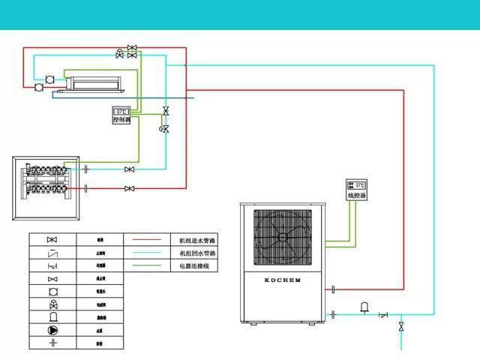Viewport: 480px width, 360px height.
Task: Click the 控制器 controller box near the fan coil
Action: [x=121, y=115]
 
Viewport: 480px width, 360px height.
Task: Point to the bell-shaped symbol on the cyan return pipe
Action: [x=364, y=307]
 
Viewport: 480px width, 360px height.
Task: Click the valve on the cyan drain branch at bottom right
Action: [x=401, y=326]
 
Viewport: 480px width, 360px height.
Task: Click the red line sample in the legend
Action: [x=148, y=241]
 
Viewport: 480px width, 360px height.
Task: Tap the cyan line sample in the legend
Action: [x=148, y=253]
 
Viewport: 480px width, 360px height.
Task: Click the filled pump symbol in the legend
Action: [x=52, y=330]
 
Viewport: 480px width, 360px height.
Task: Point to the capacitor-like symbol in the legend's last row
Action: [x=52, y=343]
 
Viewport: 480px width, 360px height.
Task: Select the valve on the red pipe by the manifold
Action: [x=130, y=187]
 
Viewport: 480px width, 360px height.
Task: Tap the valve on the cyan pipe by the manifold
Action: [x=130, y=169]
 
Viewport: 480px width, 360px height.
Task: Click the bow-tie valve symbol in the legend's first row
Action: [x=52, y=240]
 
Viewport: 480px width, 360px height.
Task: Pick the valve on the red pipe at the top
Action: [x=132, y=48]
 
